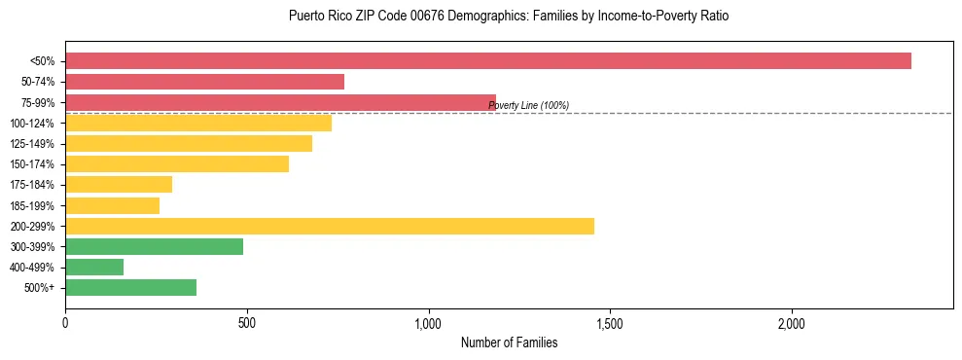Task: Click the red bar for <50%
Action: pyautogui.click(x=487, y=61)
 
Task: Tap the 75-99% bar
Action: pyautogui.click(x=280, y=102)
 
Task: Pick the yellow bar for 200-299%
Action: pyautogui.click(x=329, y=226)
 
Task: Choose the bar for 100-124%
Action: pyautogui.click(x=198, y=123)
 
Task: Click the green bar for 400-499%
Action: pyautogui.click(x=94, y=267)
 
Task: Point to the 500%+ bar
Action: pyautogui.click(x=130, y=287)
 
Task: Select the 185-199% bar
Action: pyautogui.click(x=112, y=205)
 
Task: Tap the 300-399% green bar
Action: pyautogui.click(x=154, y=246)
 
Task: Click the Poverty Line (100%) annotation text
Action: pyautogui.click(x=528, y=105)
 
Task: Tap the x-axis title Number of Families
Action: pyautogui.click(x=509, y=342)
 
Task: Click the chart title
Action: pyautogui.click(x=509, y=17)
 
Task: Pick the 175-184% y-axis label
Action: pyautogui.click(x=32, y=185)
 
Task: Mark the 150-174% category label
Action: pyautogui.click(x=32, y=164)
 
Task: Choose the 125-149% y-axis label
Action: pyautogui.click(x=32, y=144)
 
